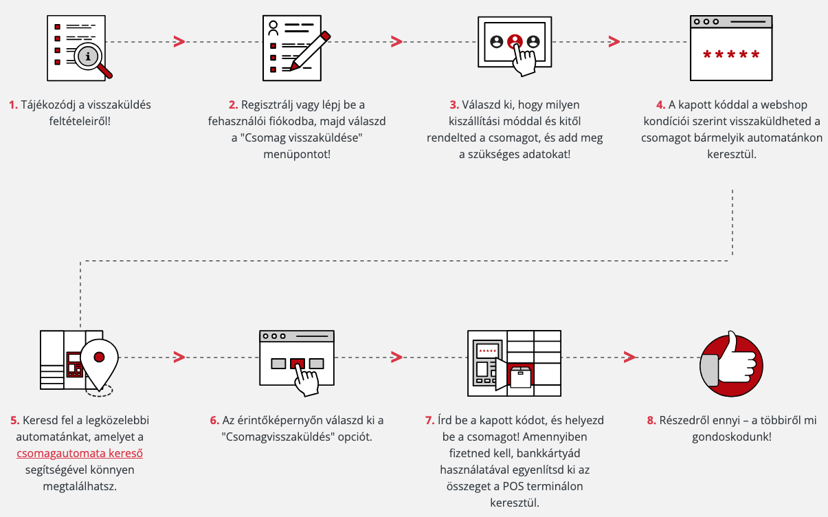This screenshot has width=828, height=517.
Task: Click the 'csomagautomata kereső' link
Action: click(80, 453)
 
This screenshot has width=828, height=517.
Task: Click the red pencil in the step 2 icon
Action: click(310, 51)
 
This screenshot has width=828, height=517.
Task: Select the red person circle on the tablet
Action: click(515, 41)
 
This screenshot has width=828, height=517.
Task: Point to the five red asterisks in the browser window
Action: click(731, 55)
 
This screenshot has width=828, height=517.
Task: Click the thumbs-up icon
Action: click(731, 364)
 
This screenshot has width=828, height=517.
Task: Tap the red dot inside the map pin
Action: click(99, 357)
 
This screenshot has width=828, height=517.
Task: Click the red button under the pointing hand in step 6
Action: click(298, 364)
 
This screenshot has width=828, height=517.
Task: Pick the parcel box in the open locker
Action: click(520, 377)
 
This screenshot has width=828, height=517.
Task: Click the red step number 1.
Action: click(13, 105)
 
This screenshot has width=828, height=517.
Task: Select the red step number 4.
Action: click(660, 105)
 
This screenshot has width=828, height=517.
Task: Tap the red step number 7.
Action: click(429, 421)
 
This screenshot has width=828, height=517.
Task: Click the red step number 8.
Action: click(651, 421)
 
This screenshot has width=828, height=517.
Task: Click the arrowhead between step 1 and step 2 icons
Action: click(179, 41)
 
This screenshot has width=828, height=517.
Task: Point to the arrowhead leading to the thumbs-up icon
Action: click(629, 357)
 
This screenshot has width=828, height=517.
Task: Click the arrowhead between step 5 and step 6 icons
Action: click(179, 357)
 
